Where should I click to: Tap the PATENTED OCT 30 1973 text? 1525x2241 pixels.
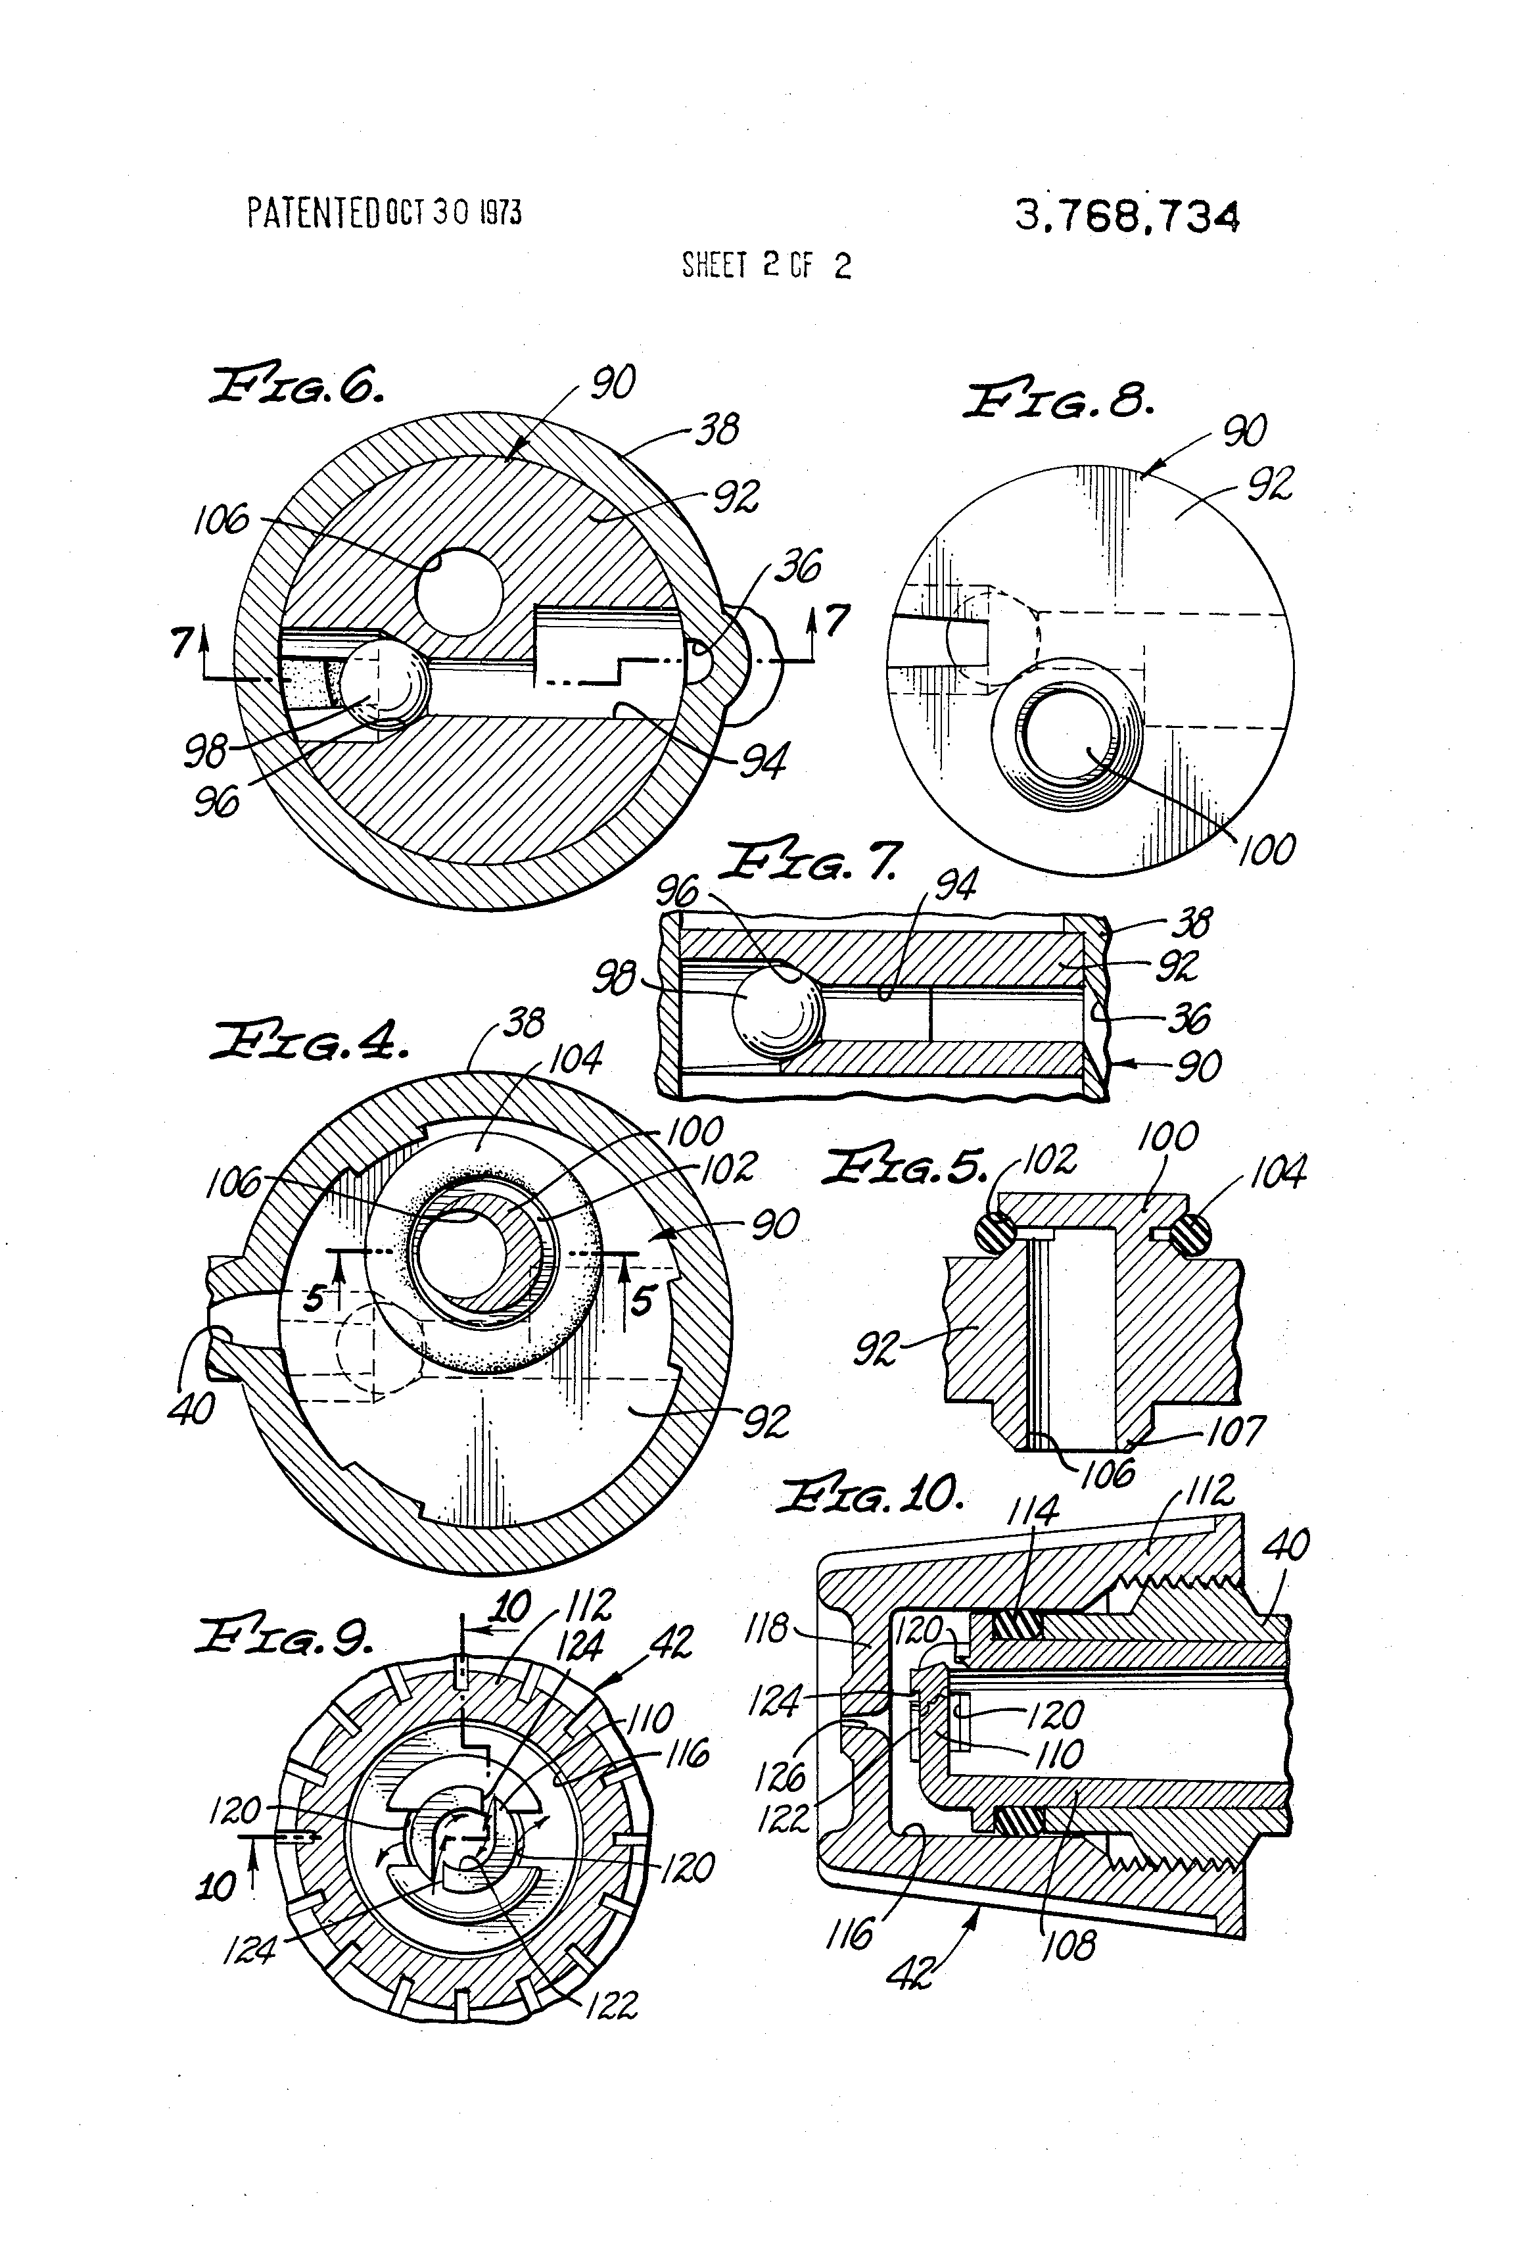point(384,212)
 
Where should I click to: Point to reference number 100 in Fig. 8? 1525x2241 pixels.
point(1266,850)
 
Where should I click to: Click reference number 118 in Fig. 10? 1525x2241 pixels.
point(766,1629)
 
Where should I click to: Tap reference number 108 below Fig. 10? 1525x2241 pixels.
point(1068,1946)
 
